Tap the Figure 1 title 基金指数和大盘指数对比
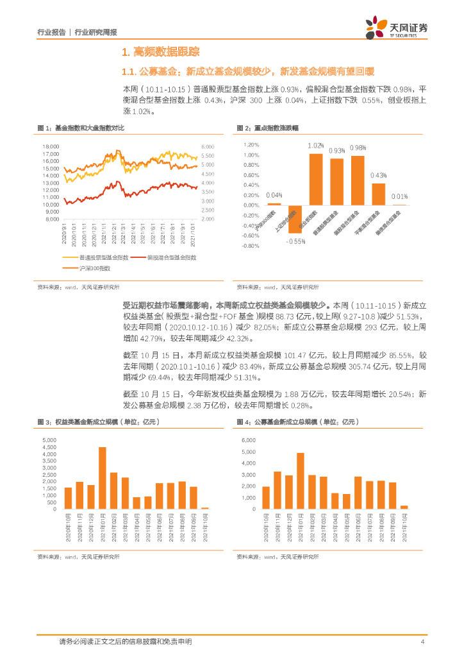tap(89, 128)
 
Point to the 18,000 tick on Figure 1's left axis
tap(51, 146)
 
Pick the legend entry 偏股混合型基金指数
tap(171, 257)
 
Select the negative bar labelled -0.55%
tap(295, 219)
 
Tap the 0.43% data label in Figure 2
tap(379, 175)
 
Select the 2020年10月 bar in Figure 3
tap(68, 498)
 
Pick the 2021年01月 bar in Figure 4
tap(300, 481)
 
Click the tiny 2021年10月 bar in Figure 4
tap(404, 507)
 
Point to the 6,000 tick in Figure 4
tap(249, 441)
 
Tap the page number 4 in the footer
tap(422, 642)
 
